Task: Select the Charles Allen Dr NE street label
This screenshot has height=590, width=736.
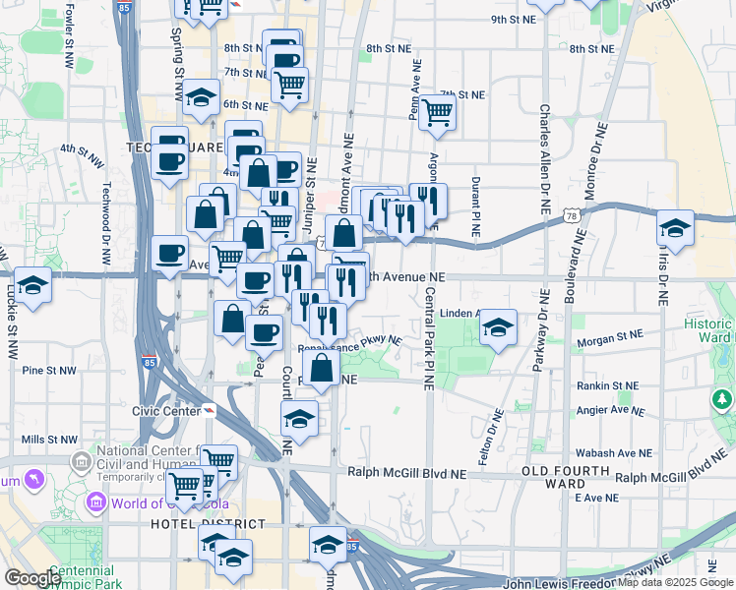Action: click(x=543, y=158)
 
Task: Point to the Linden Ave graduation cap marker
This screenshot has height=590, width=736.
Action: click(x=499, y=327)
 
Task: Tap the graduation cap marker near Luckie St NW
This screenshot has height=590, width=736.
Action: click(x=33, y=286)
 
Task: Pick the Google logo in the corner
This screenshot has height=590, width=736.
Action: click(x=32, y=578)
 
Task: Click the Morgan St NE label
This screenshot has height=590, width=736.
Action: click(x=611, y=339)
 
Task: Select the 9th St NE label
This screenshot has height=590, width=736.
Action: click(x=513, y=19)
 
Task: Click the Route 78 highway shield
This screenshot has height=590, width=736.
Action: click(x=572, y=213)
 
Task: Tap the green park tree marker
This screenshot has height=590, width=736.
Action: click(x=721, y=399)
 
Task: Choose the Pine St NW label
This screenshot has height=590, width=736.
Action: click(x=49, y=371)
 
